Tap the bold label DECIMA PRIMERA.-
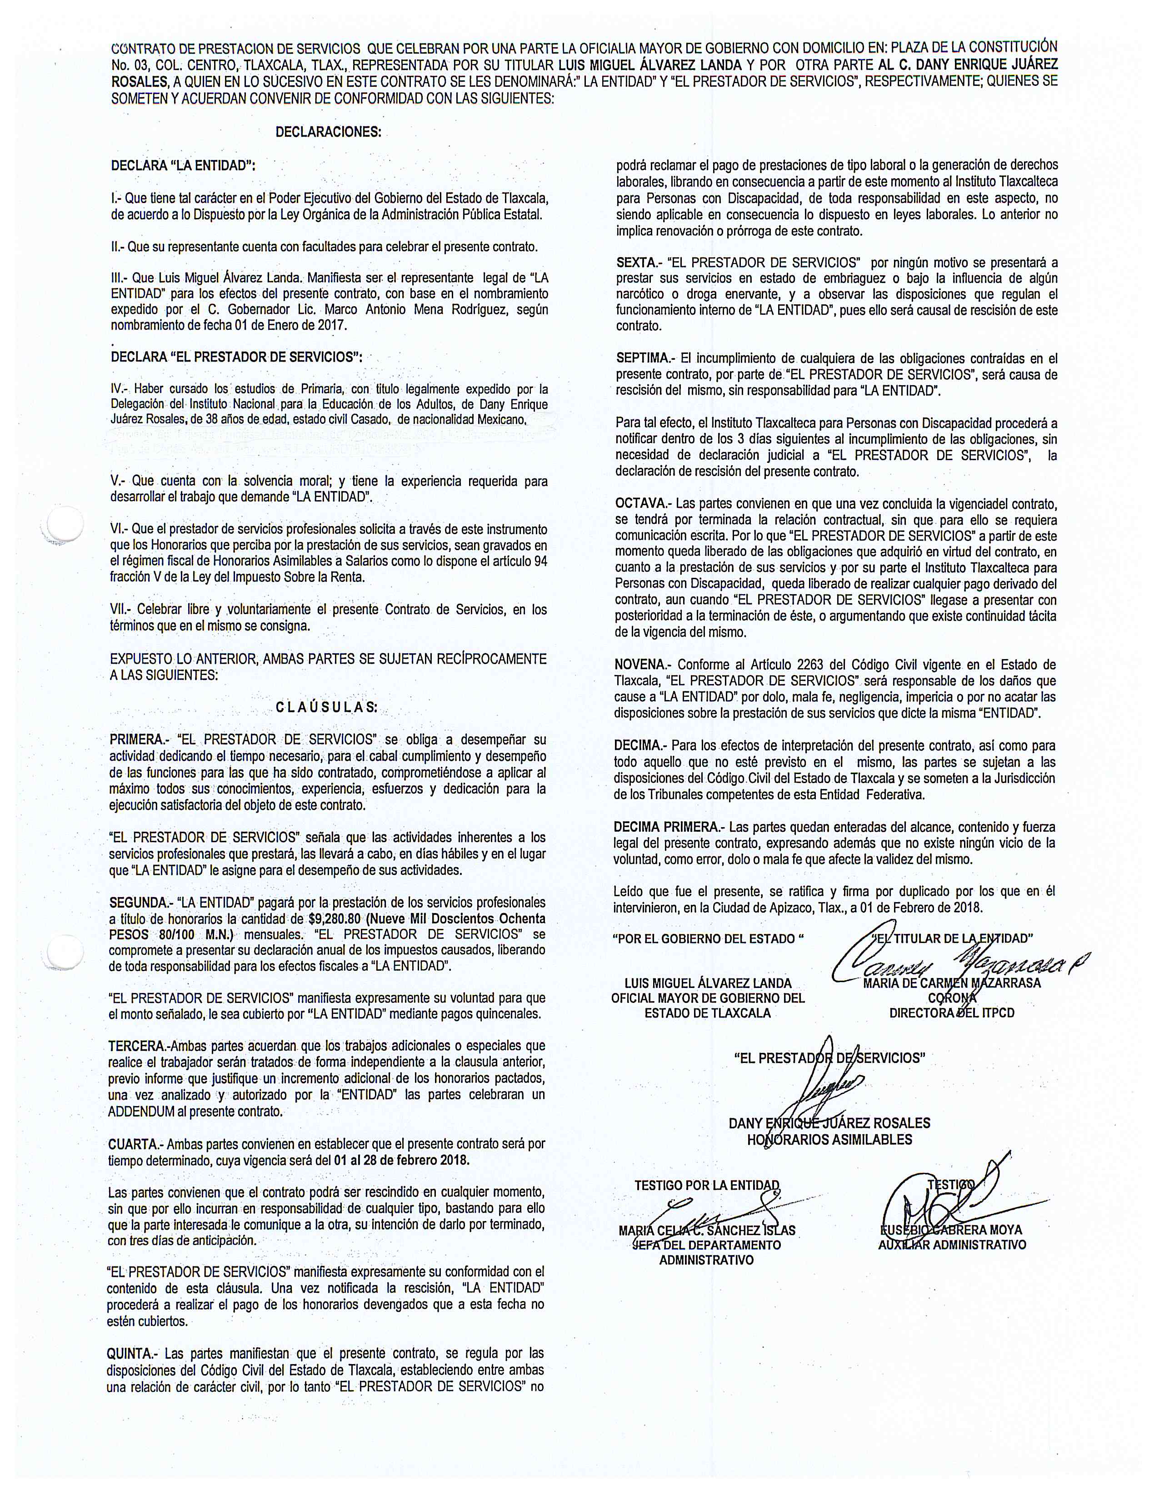[669, 827]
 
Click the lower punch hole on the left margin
[63, 952]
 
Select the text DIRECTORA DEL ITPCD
[952, 1013]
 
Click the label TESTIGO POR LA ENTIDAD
[707, 1185]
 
